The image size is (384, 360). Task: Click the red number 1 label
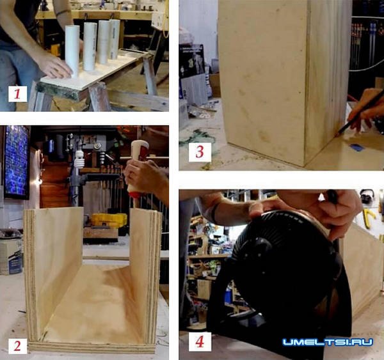(x=17, y=94)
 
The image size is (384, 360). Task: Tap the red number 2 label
(x=17, y=346)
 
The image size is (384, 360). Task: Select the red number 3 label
(x=200, y=152)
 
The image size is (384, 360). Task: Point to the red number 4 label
(x=200, y=341)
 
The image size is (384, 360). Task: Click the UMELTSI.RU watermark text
(x=328, y=342)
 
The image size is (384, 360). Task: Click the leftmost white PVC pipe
(x=72, y=51)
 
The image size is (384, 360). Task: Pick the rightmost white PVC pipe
(x=115, y=39)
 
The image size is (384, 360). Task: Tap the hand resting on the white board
(x=56, y=66)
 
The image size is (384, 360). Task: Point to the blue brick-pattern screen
(x=16, y=162)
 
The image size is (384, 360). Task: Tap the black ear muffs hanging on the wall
(x=366, y=195)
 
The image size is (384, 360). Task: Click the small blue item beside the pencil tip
(x=357, y=147)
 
